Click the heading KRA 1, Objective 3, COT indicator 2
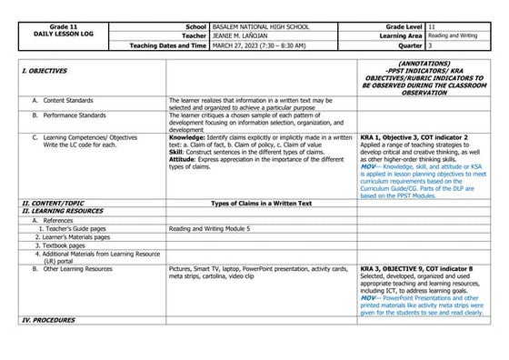414,135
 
